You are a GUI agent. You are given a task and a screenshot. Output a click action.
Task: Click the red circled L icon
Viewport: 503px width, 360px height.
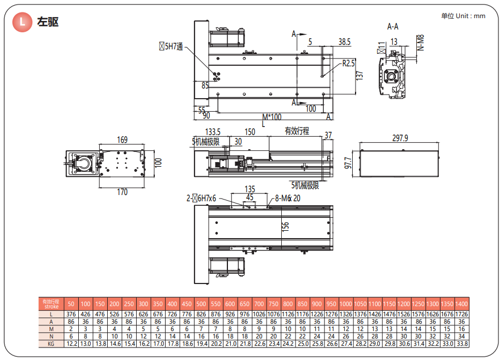(23, 22)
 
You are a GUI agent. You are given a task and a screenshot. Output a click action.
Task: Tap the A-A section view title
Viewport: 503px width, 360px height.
(392, 27)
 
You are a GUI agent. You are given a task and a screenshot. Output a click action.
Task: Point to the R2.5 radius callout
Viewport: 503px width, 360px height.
(348, 63)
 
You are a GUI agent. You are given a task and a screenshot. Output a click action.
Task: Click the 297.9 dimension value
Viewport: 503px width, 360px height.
(400, 138)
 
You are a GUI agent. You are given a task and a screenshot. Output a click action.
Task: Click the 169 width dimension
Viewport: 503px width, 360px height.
(122, 140)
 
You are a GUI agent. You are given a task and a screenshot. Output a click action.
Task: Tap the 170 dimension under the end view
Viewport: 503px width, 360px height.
(122, 192)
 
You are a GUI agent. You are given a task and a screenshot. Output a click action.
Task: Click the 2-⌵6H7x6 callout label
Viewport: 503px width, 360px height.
(202, 198)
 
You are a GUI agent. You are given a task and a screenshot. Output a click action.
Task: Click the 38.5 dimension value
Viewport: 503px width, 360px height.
(344, 42)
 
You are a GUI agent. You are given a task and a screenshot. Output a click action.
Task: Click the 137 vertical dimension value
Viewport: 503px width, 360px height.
(359, 76)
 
